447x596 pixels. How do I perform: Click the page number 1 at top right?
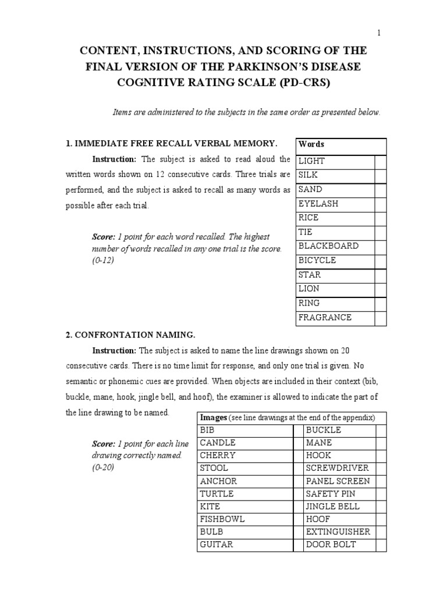(x=379, y=33)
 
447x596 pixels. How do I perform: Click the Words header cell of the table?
(x=311, y=144)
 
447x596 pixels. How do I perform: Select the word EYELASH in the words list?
(x=318, y=204)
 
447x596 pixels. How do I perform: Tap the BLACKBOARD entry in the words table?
(x=328, y=246)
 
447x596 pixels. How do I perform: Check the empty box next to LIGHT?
(x=380, y=161)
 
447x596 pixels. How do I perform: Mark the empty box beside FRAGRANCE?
(x=380, y=318)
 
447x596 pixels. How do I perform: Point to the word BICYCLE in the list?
(x=317, y=260)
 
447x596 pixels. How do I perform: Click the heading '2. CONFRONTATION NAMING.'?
(x=130, y=335)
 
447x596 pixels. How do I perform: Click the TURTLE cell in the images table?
(x=217, y=494)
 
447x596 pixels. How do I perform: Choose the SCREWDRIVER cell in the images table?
(x=337, y=468)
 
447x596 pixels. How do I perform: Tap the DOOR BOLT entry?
(x=331, y=544)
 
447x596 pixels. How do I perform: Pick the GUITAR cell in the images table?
(x=216, y=544)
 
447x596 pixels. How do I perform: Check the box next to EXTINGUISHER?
(x=381, y=532)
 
